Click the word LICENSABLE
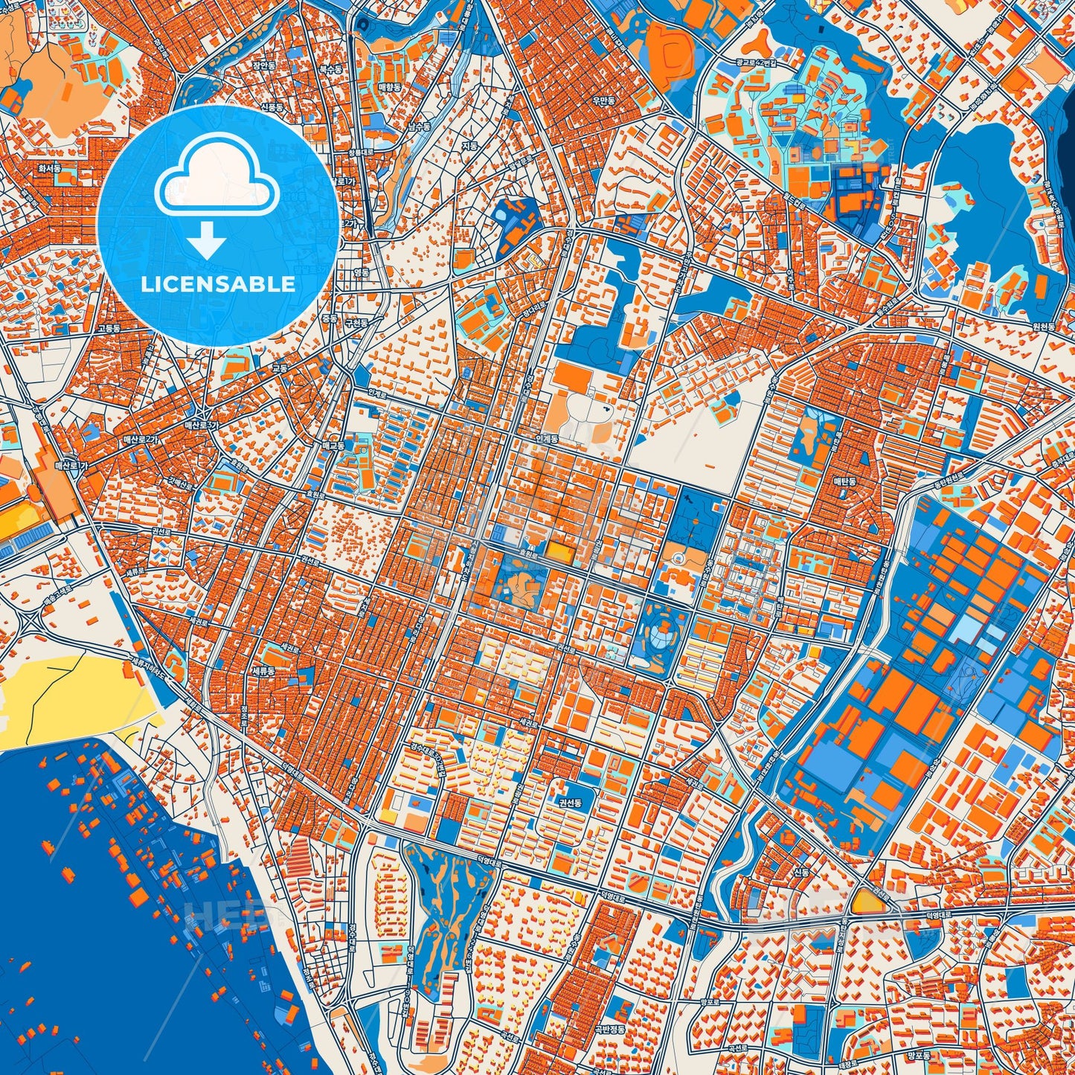[218, 284]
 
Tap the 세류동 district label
[263, 670]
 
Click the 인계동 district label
[546, 440]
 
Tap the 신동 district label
[801, 872]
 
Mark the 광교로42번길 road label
[756, 63]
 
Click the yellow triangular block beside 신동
[867, 902]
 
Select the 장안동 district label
[263, 66]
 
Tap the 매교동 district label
[333, 446]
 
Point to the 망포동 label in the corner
[920, 1055]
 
